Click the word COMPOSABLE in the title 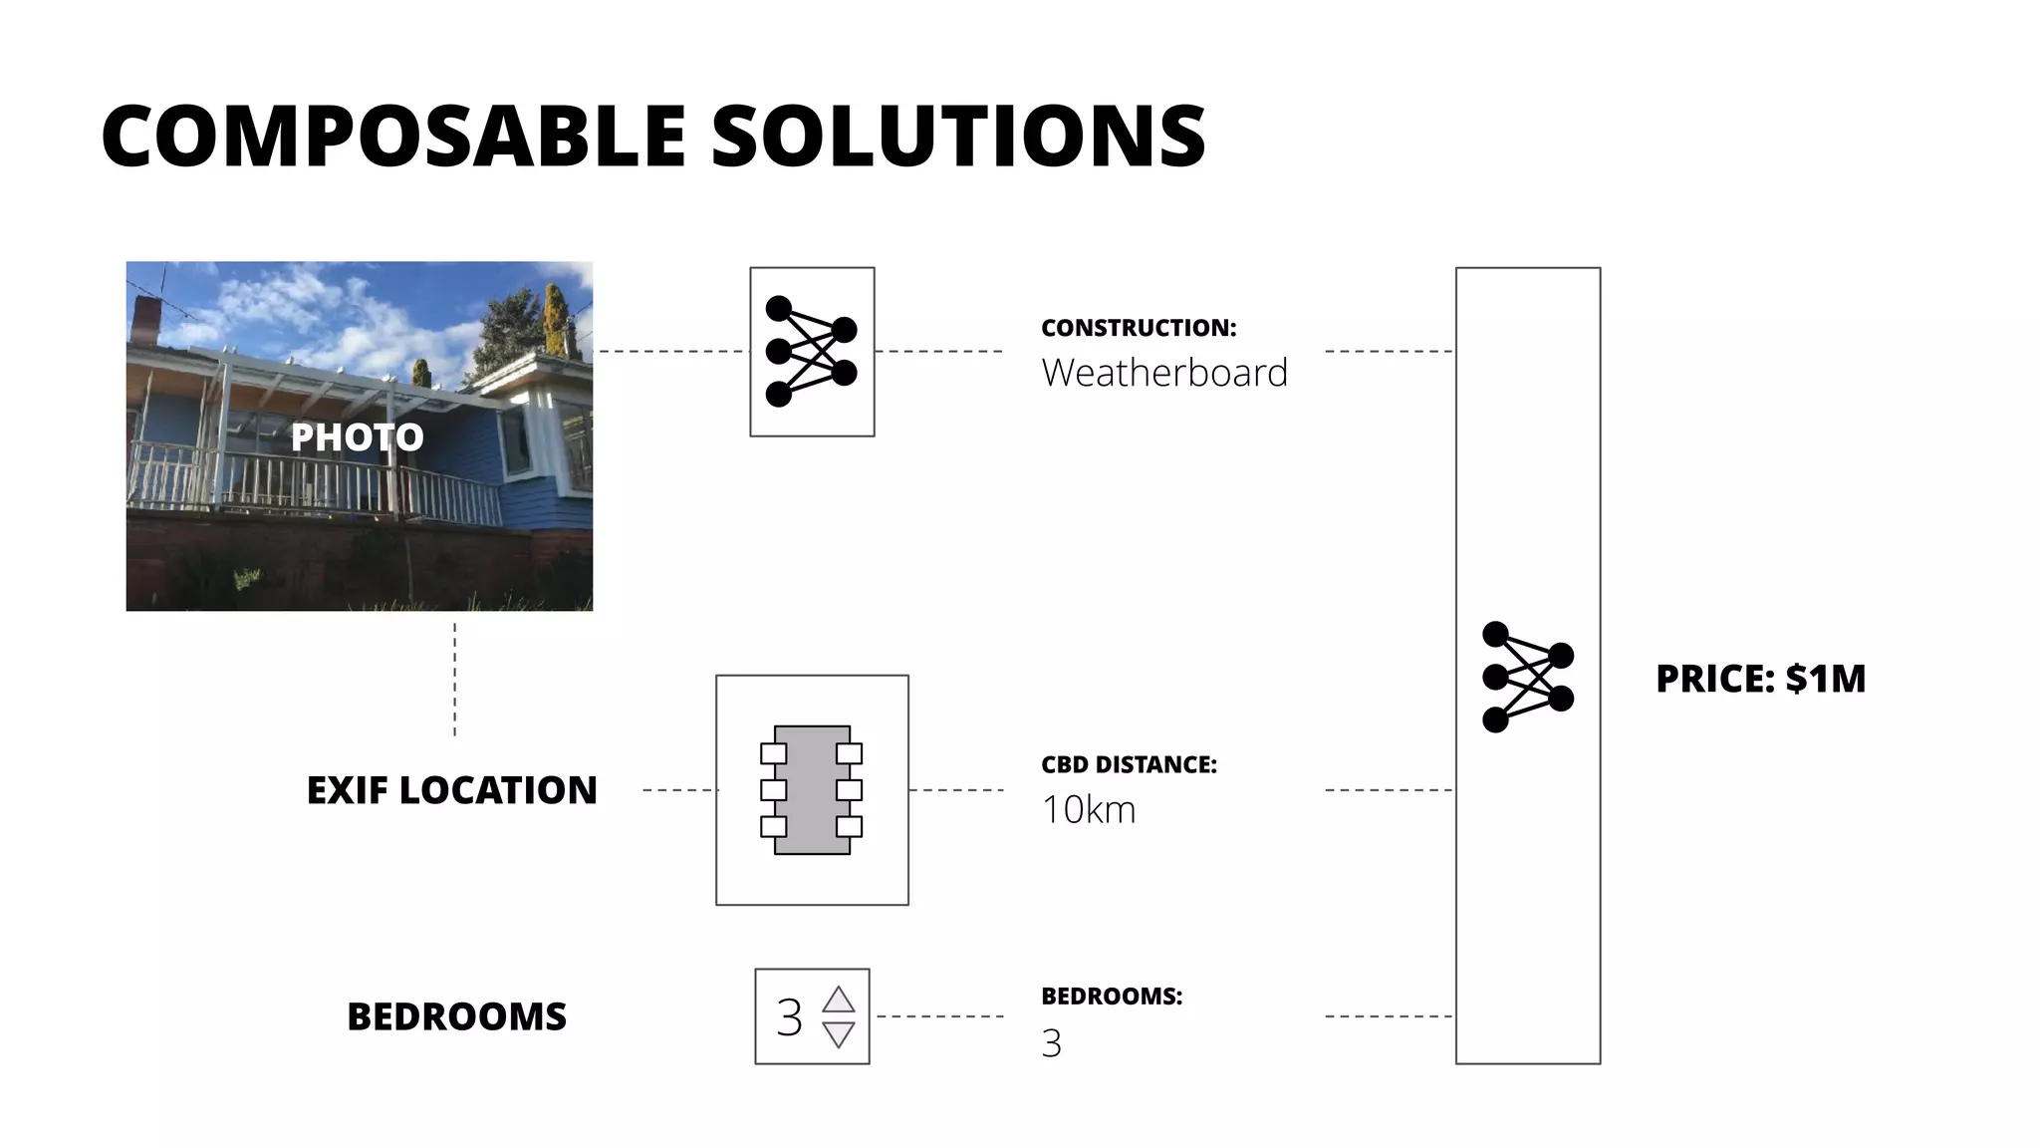393,137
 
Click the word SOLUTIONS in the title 957,137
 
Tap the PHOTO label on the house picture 357,437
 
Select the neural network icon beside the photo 812,351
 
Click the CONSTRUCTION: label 1139,328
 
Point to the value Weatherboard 1164,373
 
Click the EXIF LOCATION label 451,790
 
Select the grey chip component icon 812,790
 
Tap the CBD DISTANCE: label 1129,765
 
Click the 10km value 1089,810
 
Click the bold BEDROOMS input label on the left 456,1016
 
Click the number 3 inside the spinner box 789,1017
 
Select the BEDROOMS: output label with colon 1112,997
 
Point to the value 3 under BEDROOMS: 1052,1043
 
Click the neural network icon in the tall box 1527,678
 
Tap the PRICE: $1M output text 1760,679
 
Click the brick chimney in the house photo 145,319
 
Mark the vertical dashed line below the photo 455,680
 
